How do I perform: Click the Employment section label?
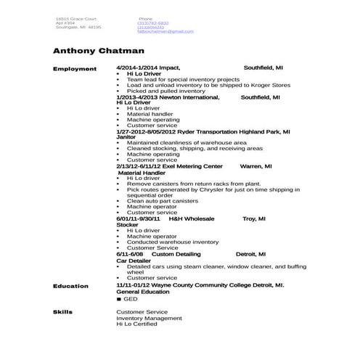(x=75, y=69)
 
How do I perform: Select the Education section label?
(x=71, y=286)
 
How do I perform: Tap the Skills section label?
(x=63, y=311)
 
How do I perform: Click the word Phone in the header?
(x=145, y=18)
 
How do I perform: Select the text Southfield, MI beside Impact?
(x=263, y=67)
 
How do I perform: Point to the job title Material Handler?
(x=142, y=173)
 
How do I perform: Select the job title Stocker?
(x=127, y=225)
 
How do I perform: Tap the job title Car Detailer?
(x=131, y=261)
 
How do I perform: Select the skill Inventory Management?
(x=150, y=318)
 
